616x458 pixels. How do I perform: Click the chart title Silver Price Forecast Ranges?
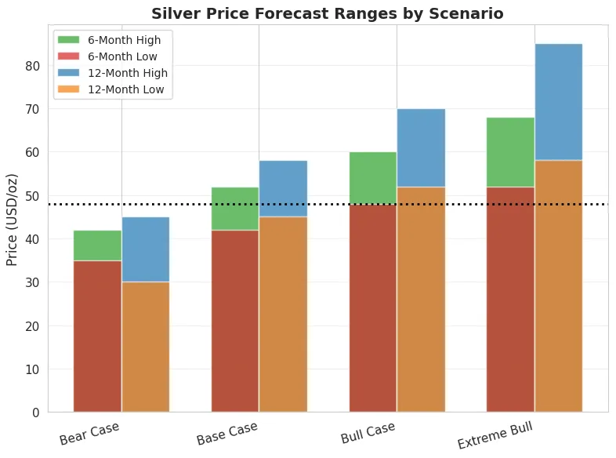point(327,13)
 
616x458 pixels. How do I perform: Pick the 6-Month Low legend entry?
point(122,56)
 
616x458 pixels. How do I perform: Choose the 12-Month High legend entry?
point(127,73)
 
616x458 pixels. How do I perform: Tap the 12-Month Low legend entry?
point(125,89)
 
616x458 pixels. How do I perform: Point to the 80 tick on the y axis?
point(31,66)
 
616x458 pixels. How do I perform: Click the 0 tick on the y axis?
point(35,413)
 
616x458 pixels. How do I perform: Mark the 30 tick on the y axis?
point(31,282)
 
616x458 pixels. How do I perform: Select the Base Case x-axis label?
point(226,433)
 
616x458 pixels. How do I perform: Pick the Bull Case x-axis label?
point(368,433)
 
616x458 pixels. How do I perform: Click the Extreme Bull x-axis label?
point(500,434)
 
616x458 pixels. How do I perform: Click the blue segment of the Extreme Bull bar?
point(558,102)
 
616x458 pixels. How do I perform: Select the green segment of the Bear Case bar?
point(97,245)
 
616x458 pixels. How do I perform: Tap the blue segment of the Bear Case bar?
point(146,249)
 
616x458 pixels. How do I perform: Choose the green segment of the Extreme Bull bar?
point(510,152)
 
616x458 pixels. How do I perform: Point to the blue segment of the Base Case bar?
point(283,188)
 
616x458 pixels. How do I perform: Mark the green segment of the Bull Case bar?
point(373,178)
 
